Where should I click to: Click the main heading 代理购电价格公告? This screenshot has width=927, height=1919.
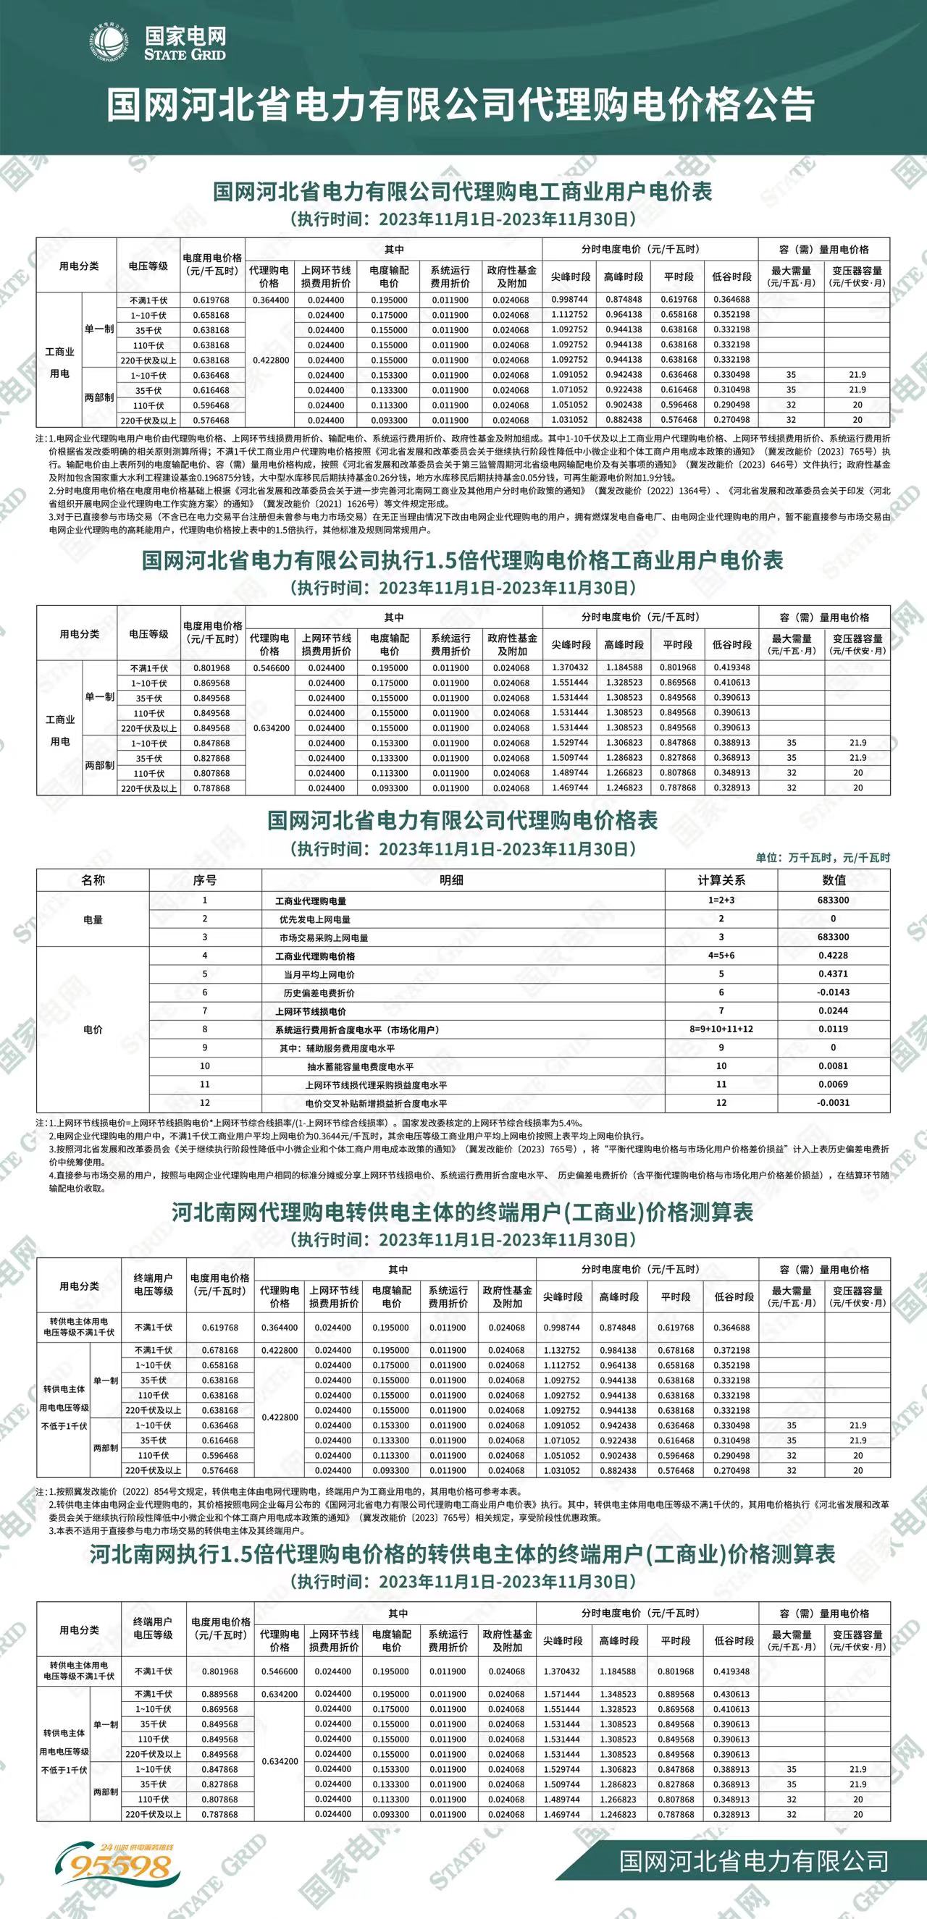pyautogui.click(x=460, y=104)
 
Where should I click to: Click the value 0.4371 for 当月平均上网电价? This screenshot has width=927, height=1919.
pyautogui.click(x=833, y=974)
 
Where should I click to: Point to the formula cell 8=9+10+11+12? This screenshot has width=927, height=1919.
pyautogui.click(x=721, y=1029)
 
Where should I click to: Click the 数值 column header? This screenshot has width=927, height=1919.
pyautogui.click(x=833, y=880)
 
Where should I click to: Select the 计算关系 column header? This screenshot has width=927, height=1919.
pyautogui.click(x=721, y=880)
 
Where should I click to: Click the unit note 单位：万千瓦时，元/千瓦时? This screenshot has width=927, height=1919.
pyautogui.click(x=823, y=858)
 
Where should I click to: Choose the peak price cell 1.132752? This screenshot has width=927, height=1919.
pyautogui.click(x=562, y=1350)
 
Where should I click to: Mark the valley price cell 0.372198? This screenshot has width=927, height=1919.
pyautogui.click(x=731, y=1350)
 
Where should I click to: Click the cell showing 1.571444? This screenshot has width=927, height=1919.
pyautogui.click(x=562, y=1694)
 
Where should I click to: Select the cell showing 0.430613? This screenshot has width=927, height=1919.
pyautogui.click(x=731, y=1694)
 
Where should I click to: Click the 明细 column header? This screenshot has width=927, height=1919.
pyautogui.click(x=451, y=880)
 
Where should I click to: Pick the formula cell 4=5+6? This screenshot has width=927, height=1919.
pyautogui.click(x=721, y=955)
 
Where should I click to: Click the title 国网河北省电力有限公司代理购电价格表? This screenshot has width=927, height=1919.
pyautogui.click(x=462, y=821)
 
